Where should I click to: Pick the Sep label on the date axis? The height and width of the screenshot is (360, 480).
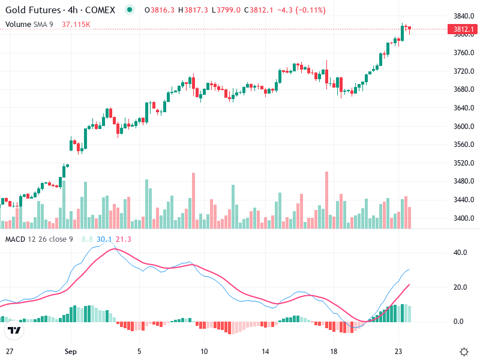click(x=71, y=352)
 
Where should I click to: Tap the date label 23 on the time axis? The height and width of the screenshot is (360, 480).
click(x=398, y=352)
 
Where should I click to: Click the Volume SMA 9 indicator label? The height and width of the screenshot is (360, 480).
click(x=29, y=25)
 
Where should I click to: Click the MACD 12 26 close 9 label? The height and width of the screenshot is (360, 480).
click(x=39, y=239)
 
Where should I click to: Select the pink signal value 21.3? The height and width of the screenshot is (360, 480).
click(x=124, y=239)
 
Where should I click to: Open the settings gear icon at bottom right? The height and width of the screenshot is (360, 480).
click(x=464, y=352)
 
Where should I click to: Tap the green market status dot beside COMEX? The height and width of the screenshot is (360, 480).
click(x=130, y=10)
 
